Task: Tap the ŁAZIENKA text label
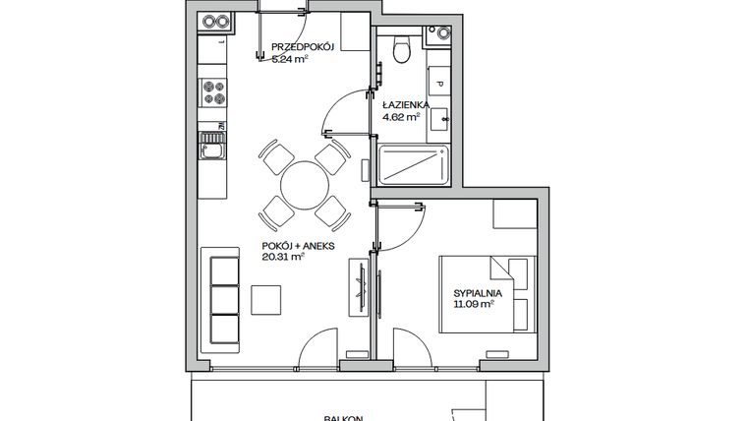401,103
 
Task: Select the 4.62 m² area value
401,115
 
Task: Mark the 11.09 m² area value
473,306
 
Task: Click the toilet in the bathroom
399,50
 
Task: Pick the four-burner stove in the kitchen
211,92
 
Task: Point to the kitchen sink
211,149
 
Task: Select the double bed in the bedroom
486,293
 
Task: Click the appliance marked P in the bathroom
438,85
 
